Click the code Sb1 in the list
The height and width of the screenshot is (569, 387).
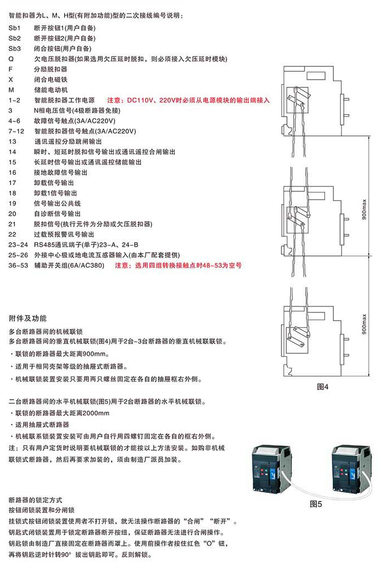coord(15,28)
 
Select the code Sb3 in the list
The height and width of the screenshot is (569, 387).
coord(15,49)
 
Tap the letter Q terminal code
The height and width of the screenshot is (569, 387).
coord(11,59)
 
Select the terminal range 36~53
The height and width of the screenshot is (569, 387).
coord(18,265)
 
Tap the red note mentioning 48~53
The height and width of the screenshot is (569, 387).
coord(178,265)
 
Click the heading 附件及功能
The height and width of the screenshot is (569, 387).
coord(28,319)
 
